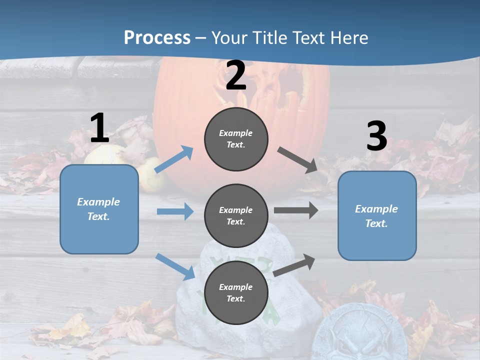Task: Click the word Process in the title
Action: point(157,37)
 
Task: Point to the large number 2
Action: point(236,75)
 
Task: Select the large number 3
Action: point(376,136)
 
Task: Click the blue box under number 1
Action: point(99,209)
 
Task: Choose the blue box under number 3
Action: point(377,215)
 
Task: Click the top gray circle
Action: point(236,139)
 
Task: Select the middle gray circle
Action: point(236,215)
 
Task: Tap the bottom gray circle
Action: point(236,292)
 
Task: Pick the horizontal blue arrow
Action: point(175,211)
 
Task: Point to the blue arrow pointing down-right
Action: point(175,266)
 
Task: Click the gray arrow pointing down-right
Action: point(297,159)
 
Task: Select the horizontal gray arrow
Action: point(296,210)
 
